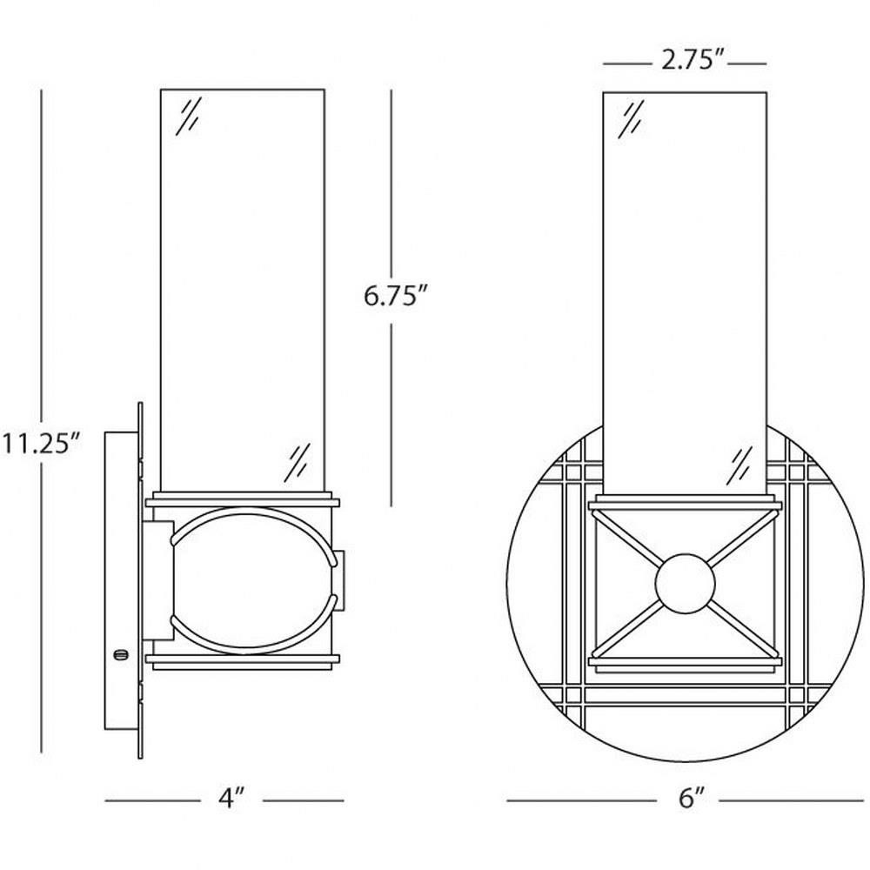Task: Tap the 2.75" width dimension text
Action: (x=693, y=59)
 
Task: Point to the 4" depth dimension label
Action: (x=231, y=799)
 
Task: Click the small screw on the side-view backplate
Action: (x=120, y=655)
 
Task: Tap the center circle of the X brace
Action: (x=685, y=583)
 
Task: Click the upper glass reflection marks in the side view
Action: (x=188, y=117)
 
